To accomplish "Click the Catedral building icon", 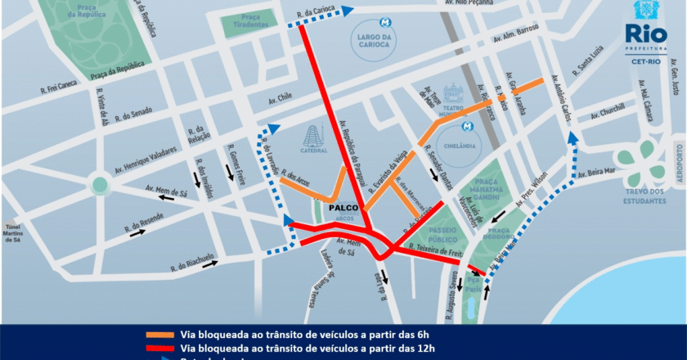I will [x=315, y=139].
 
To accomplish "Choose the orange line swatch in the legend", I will [x=170, y=334].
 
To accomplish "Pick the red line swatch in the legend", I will [x=170, y=349].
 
